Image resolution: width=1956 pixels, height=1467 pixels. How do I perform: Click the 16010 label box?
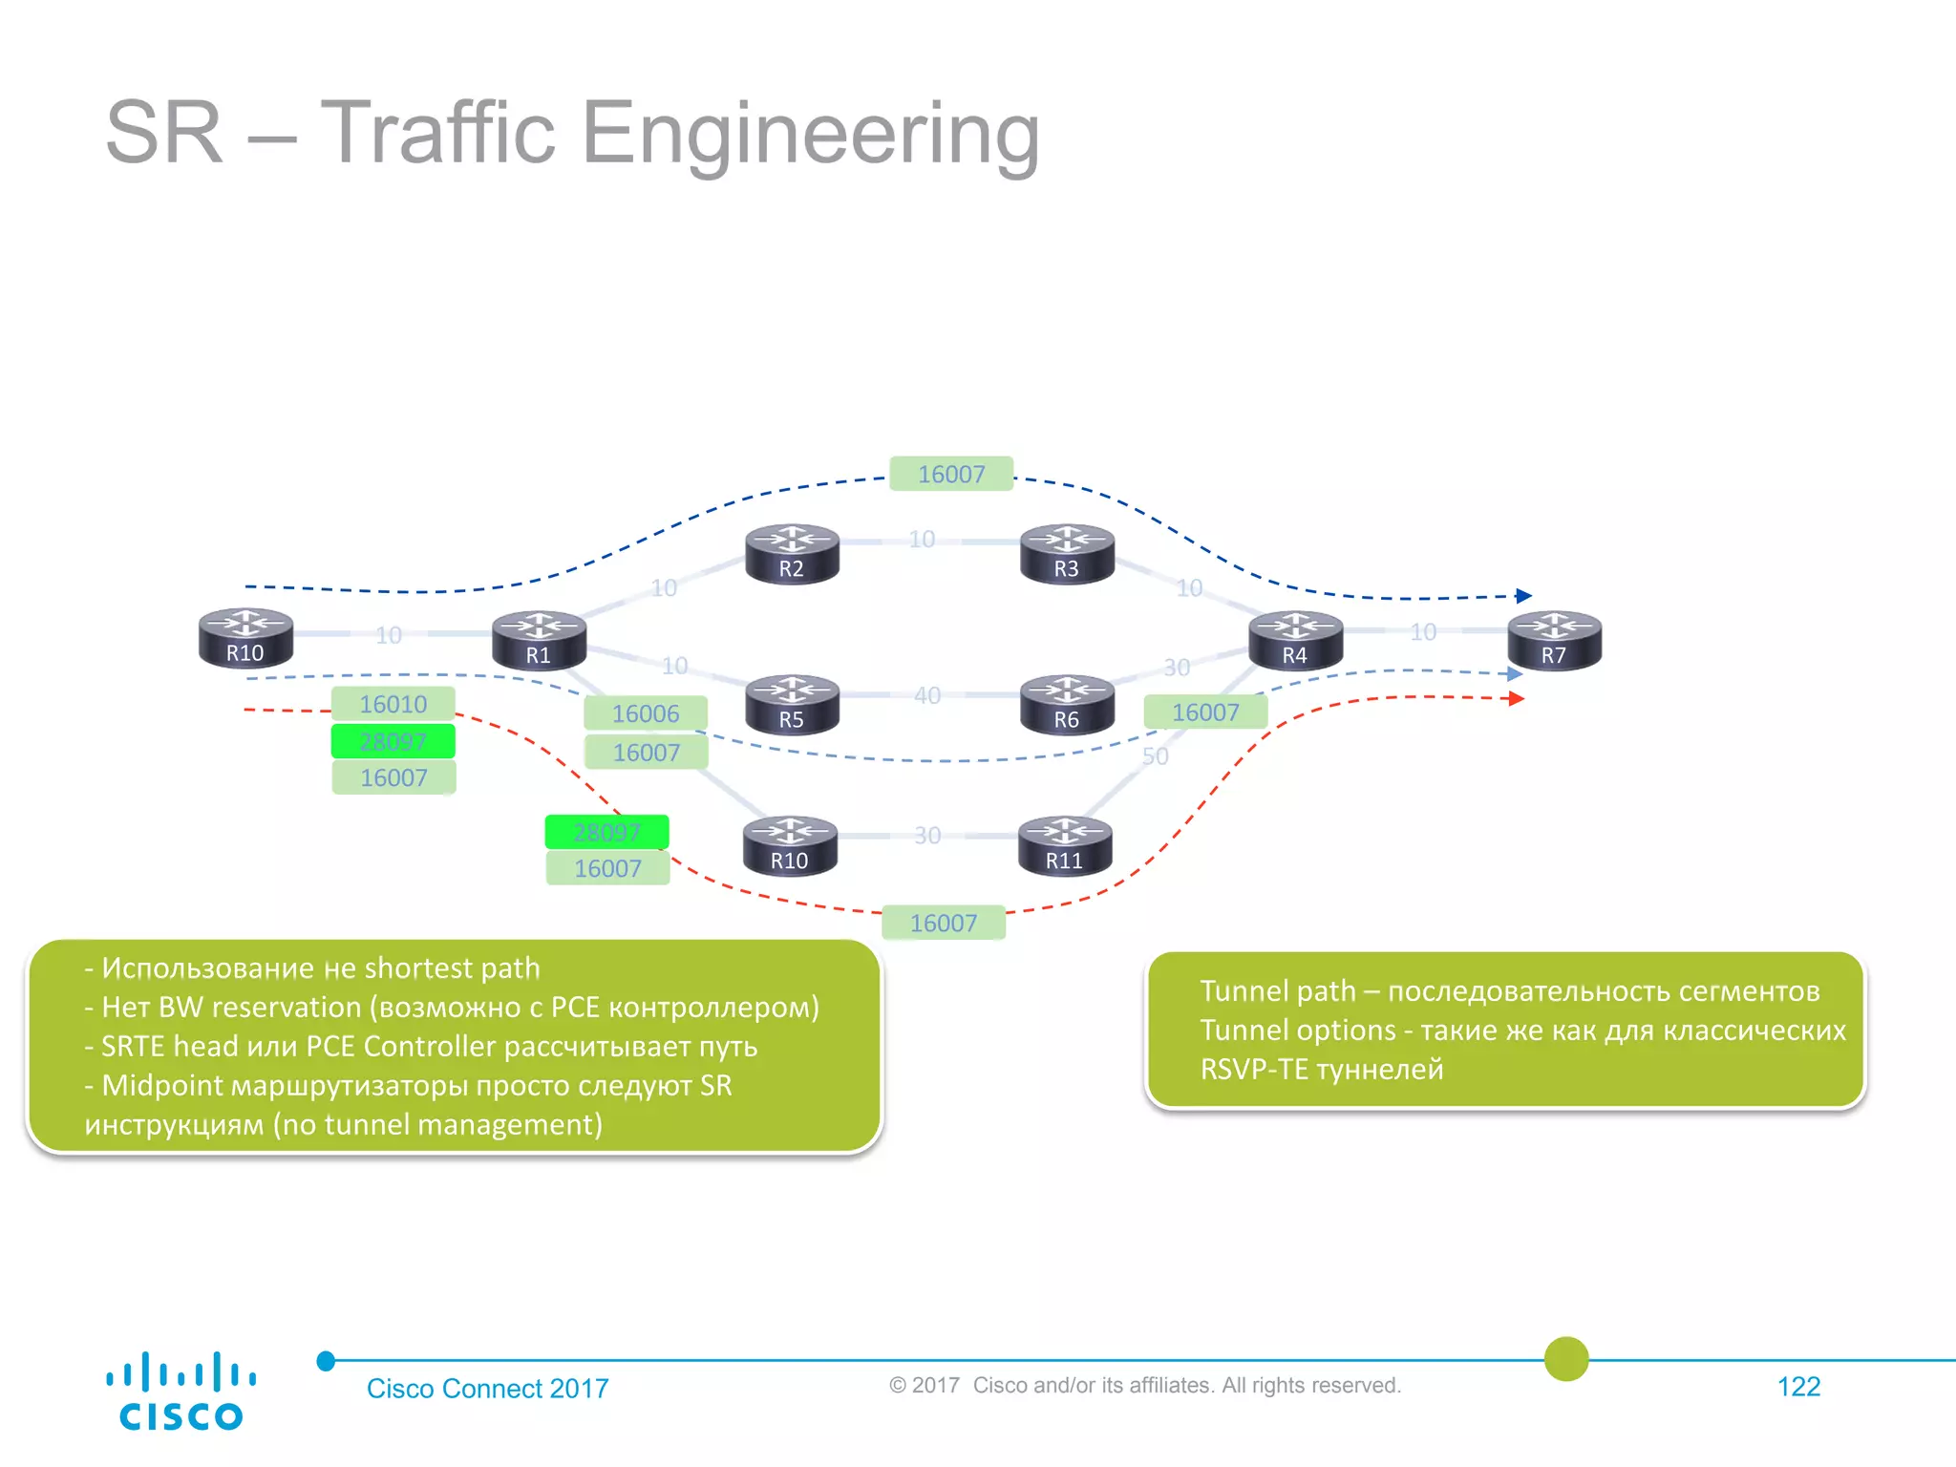(393, 704)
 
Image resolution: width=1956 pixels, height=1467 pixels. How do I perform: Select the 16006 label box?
(646, 713)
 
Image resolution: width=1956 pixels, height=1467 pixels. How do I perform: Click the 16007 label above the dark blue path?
(951, 474)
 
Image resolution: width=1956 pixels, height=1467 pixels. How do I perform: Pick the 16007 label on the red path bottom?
(944, 923)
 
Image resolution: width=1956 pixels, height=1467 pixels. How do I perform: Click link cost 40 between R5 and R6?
(927, 695)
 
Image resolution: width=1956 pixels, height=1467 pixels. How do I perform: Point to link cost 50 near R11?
(1155, 756)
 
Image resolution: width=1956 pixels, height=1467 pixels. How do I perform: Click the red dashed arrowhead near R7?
(1516, 699)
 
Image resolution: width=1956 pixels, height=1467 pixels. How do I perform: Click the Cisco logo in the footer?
(181, 1391)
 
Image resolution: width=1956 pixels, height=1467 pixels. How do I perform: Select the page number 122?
(1798, 1387)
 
